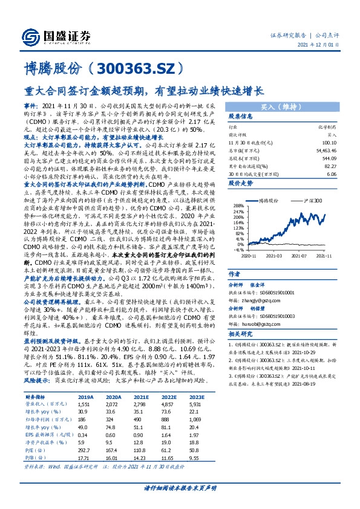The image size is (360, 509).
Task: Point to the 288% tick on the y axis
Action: (237, 206)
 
